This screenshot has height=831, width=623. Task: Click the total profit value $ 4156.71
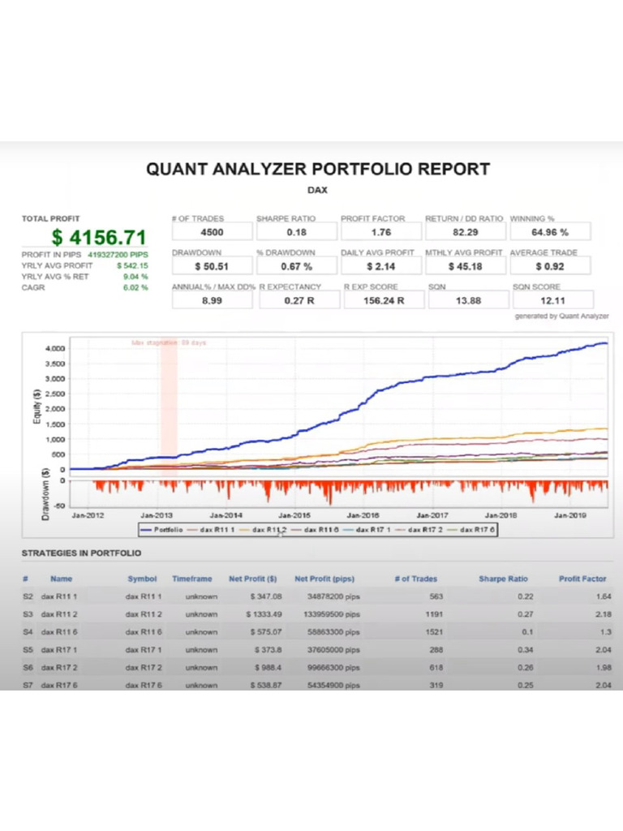(98, 237)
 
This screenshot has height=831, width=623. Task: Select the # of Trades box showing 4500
(212, 232)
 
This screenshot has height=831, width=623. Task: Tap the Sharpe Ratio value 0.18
(296, 232)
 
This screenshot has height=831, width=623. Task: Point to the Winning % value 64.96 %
(550, 232)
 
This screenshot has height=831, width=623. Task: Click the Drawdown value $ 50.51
(212, 266)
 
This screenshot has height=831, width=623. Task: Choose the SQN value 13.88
(465, 300)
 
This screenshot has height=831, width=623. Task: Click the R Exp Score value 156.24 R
(380, 300)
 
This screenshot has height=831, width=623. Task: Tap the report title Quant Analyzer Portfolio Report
(318, 170)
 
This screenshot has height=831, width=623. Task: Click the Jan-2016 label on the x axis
(364, 515)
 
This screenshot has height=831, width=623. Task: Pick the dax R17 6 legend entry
(475, 529)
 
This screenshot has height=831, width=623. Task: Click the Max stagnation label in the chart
(169, 342)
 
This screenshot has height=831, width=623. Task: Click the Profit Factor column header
(582, 579)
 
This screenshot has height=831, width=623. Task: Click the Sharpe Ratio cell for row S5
(508, 650)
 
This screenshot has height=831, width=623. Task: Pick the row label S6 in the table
(27, 668)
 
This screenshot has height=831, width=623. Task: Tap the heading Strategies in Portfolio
(81, 553)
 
